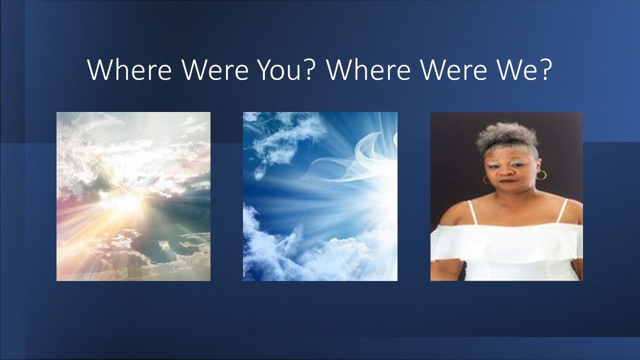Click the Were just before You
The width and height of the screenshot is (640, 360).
tap(215, 69)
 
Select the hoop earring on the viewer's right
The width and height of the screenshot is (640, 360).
tap(541, 175)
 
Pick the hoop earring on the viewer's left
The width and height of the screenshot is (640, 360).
tap(486, 179)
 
